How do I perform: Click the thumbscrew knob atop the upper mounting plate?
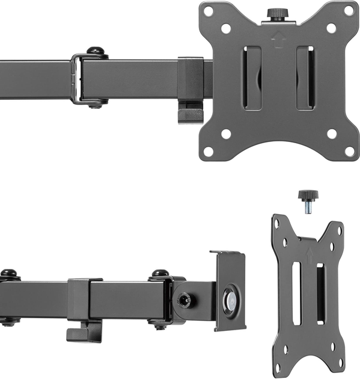(277, 14)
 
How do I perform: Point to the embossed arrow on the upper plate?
(278, 37)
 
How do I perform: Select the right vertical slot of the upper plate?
(305, 78)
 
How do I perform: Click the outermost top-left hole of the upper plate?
(208, 11)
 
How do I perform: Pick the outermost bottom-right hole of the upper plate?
(349, 150)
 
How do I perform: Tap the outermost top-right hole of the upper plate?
(349, 10)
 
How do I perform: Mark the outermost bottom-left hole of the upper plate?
(208, 151)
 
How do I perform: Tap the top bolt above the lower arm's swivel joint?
(160, 274)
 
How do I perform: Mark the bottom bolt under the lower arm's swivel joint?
(159, 325)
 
